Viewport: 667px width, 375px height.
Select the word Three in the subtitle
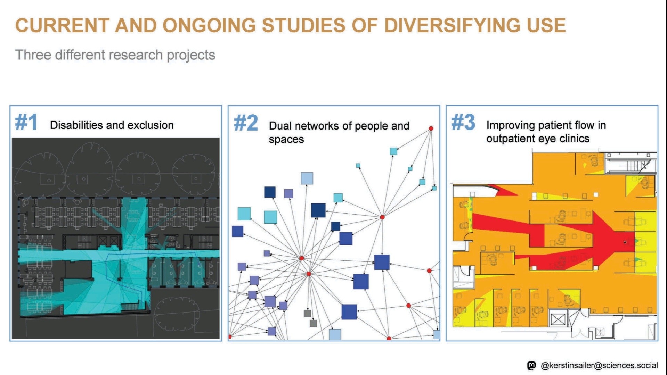[x=33, y=55]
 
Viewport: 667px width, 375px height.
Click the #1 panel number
[x=26, y=122]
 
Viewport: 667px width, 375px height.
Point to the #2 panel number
[x=246, y=123]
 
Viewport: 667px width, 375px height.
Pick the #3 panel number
[x=463, y=122]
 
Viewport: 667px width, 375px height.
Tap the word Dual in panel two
[x=280, y=126]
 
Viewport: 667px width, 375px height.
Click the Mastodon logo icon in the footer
[x=531, y=365]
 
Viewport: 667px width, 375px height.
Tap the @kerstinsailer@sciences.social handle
[x=599, y=365]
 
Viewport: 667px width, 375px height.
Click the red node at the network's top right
[x=431, y=128]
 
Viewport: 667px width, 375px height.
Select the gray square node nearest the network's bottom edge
[x=313, y=323]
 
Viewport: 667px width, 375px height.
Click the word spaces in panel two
[x=286, y=140]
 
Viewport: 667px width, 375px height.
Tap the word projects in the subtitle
[x=191, y=55]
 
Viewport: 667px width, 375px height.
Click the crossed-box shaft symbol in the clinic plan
[x=558, y=319]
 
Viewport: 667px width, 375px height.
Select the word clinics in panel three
[x=575, y=139]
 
